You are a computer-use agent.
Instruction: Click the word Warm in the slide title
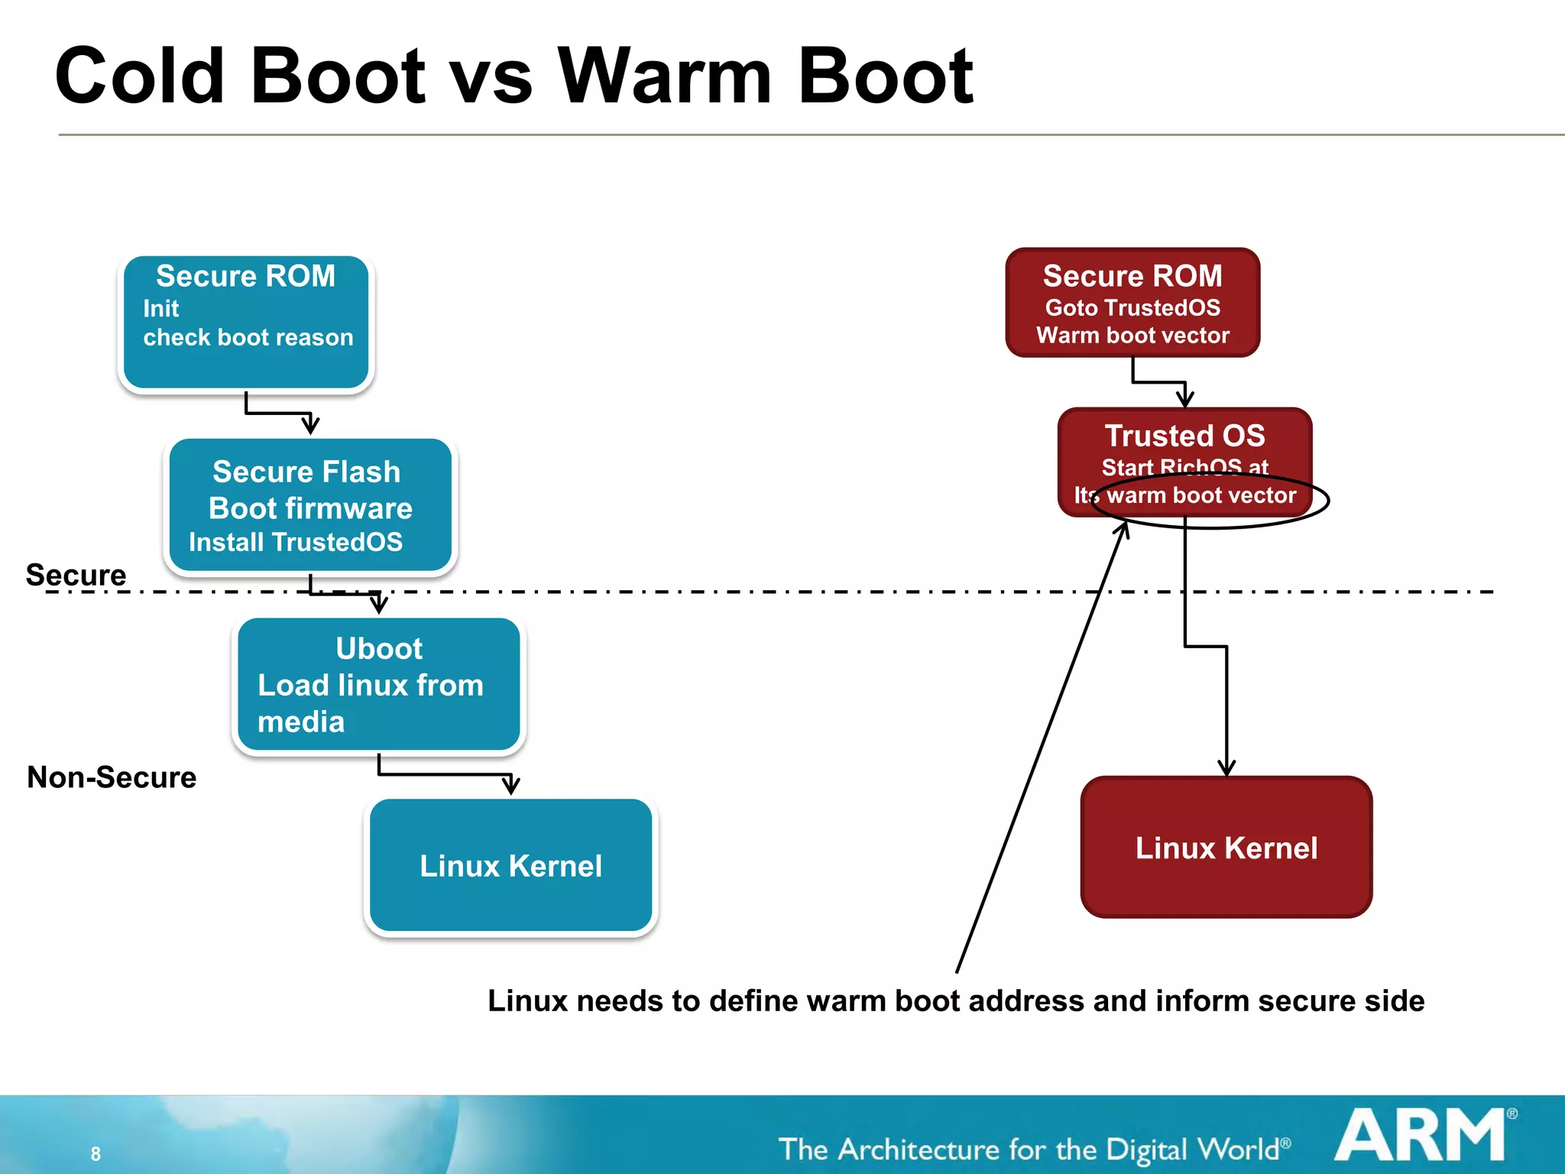pos(665,76)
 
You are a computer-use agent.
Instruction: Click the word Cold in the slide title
pos(140,76)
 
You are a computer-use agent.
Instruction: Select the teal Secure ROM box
pos(246,323)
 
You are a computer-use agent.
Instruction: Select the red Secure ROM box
pos(1132,303)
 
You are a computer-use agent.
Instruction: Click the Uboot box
pos(378,684)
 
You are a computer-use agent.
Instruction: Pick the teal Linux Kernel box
pos(510,865)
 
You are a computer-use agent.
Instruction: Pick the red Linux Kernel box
pos(1226,847)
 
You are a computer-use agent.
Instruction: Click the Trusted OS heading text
pos(1184,436)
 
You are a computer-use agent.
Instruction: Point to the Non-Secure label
pos(112,777)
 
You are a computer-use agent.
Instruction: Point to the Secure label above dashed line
pos(76,575)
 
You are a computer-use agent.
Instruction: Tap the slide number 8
pos(96,1153)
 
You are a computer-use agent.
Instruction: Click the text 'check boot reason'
pos(248,337)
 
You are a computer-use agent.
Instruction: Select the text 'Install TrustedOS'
pos(296,542)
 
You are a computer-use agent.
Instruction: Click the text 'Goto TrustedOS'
pos(1132,307)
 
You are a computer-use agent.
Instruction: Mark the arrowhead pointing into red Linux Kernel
pos(1226,768)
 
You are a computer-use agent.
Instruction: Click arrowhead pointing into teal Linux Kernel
pos(511,786)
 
